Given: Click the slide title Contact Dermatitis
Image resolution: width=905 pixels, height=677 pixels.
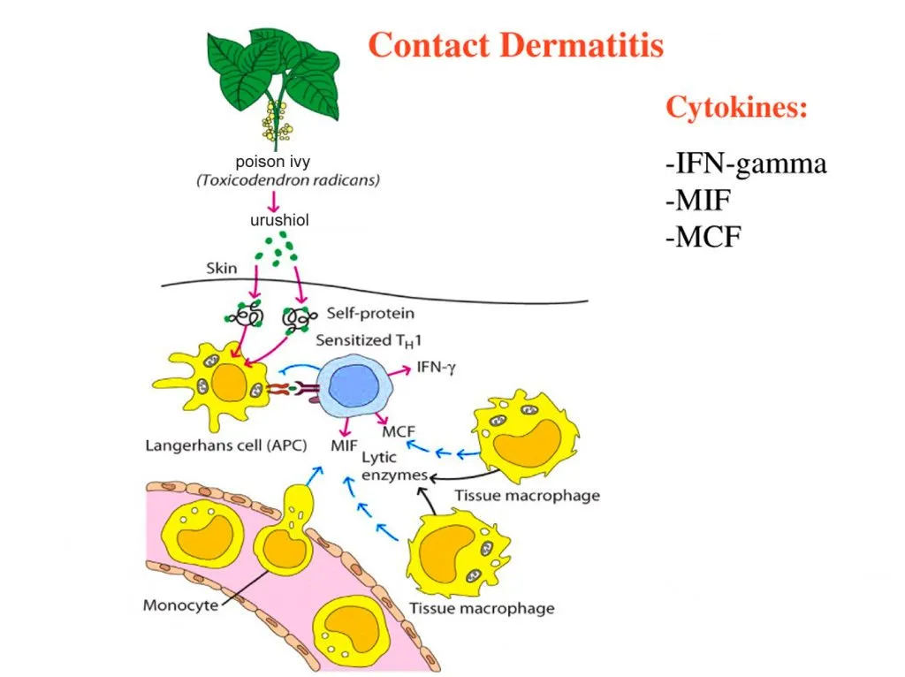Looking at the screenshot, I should pyautogui.click(x=515, y=44).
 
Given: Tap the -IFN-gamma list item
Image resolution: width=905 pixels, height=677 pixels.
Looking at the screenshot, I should pyautogui.click(x=746, y=164).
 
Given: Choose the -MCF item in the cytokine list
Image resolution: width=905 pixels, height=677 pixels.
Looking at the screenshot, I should pyautogui.click(x=703, y=237).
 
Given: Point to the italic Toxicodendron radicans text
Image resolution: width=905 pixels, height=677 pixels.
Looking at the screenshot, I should pyautogui.click(x=288, y=180).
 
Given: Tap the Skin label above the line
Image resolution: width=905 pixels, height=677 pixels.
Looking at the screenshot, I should pyautogui.click(x=222, y=267).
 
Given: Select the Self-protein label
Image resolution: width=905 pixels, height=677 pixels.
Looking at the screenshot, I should pyautogui.click(x=370, y=313).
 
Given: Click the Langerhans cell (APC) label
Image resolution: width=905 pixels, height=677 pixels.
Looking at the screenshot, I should pyautogui.click(x=225, y=445).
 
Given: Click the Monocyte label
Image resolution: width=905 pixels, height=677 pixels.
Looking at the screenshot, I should pyautogui.click(x=180, y=605).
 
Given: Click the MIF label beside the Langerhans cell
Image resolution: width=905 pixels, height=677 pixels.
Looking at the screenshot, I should pyautogui.click(x=344, y=445).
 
